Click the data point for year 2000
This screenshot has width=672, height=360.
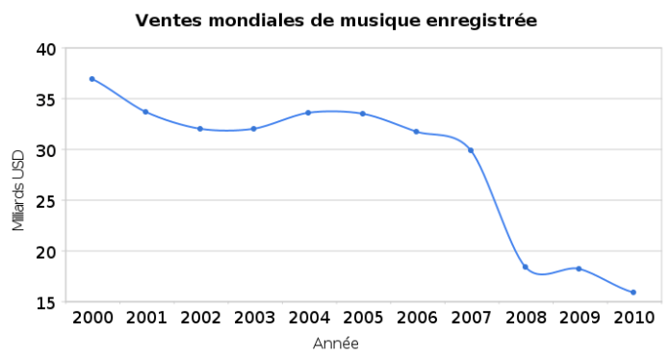[x=92, y=79]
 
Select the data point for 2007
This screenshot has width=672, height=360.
[x=471, y=150]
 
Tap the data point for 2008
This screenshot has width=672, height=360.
[x=525, y=267]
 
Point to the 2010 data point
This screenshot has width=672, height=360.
[x=633, y=293]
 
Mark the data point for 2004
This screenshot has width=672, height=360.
[x=308, y=113]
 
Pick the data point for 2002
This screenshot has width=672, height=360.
[x=200, y=129]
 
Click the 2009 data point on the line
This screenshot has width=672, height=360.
[x=579, y=269]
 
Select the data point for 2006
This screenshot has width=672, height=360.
[x=417, y=132]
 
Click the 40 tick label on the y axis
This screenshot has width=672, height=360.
[x=46, y=49]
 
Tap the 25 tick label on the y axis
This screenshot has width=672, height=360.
[x=46, y=201]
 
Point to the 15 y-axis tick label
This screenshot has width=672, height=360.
[x=46, y=302]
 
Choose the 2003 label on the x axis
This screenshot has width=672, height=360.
[x=254, y=319]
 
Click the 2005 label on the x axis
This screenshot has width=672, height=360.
[x=362, y=319]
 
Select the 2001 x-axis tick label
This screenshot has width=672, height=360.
[x=146, y=319]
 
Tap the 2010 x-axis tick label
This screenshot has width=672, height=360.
[x=633, y=319]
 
